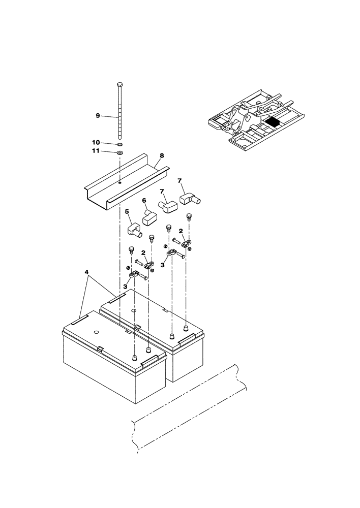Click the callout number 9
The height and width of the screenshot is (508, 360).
point(98,116)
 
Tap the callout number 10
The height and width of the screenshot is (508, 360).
point(96,142)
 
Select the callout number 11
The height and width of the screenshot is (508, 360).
point(96,151)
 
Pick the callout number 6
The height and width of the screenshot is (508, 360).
point(144,201)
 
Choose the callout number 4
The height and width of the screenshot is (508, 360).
point(88,272)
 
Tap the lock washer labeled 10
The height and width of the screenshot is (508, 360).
point(119,144)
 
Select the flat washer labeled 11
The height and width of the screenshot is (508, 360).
point(119,152)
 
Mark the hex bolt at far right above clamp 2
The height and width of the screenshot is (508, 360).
point(190,217)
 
